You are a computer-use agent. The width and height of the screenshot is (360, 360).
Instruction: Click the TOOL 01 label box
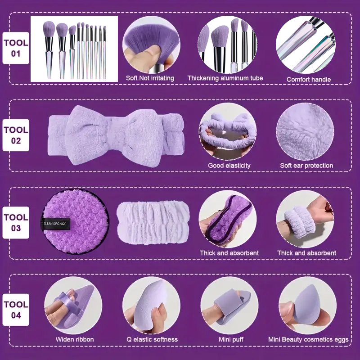16,48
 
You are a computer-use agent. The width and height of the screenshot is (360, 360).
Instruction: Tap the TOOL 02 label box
16,135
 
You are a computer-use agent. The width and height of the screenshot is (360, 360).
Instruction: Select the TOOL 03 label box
16,223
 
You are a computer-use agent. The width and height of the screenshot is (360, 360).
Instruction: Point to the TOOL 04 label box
16,310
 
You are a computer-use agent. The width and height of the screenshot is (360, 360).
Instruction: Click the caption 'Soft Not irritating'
150,78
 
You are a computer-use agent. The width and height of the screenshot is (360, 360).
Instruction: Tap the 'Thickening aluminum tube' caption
225,78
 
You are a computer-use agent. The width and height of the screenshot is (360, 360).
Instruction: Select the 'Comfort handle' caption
309,80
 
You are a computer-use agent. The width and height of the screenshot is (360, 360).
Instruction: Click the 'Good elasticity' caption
229,166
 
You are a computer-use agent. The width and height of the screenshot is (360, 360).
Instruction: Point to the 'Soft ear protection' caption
306,166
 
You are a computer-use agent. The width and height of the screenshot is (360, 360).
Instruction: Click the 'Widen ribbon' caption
75,339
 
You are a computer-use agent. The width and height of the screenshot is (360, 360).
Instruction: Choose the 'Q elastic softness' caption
152,339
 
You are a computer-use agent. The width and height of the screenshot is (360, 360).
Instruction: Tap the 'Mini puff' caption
231,339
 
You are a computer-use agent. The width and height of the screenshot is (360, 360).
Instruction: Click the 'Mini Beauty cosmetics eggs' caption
308,339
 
